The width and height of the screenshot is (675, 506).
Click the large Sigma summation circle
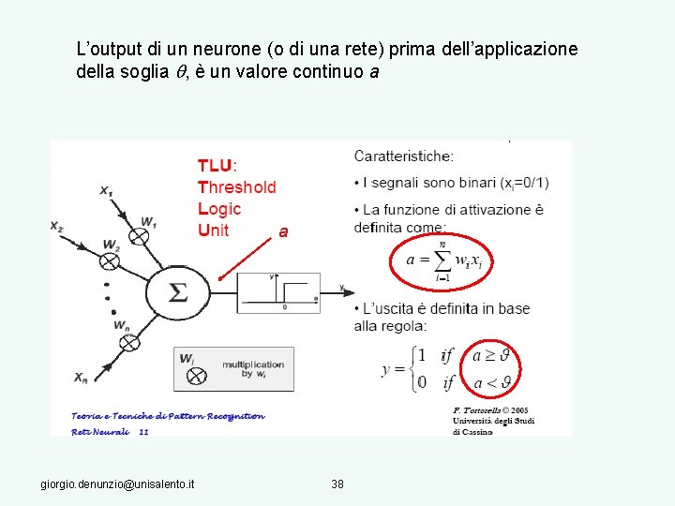(x=177, y=291)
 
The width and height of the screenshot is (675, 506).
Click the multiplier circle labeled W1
(x=139, y=236)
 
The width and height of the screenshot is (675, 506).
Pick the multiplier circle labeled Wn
(x=129, y=342)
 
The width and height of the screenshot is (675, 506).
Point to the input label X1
(x=107, y=190)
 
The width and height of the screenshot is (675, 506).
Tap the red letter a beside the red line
(x=283, y=231)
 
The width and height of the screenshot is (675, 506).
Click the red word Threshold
(x=237, y=186)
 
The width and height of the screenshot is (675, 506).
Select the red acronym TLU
(x=217, y=165)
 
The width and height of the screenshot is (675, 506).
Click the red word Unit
(x=214, y=230)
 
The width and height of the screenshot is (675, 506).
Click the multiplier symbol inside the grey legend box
(x=196, y=375)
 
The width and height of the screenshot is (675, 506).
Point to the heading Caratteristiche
(x=404, y=156)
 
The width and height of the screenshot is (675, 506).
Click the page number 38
(x=337, y=484)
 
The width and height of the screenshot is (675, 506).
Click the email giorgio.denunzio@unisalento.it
(x=118, y=484)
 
